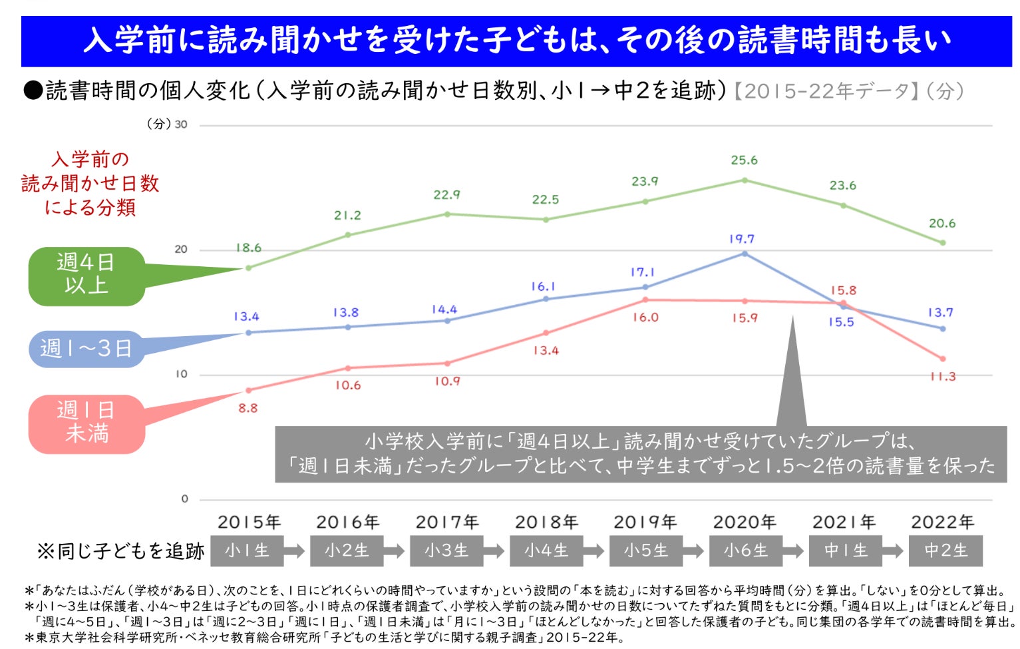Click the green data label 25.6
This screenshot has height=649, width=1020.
[x=744, y=160]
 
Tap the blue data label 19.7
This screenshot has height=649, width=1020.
[x=741, y=239]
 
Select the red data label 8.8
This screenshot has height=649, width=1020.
[x=248, y=408]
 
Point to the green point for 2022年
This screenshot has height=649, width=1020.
[x=942, y=243]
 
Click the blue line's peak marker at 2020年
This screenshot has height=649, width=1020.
[x=745, y=254]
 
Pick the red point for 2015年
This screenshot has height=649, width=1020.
[x=248, y=390]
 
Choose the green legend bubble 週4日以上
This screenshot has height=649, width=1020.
[x=86, y=276]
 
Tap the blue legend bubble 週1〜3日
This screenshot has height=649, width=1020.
[x=86, y=349]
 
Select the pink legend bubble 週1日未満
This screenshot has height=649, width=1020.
[x=86, y=423]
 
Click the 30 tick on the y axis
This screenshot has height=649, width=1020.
[x=181, y=124]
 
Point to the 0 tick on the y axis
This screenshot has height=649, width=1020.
[x=184, y=499]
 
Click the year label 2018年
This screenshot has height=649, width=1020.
[x=546, y=523]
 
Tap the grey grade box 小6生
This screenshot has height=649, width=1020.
[x=745, y=551]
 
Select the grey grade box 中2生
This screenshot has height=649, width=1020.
[x=945, y=551]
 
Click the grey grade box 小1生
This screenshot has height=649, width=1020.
[x=247, y=551]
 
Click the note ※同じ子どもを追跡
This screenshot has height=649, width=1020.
[x=120, y=551]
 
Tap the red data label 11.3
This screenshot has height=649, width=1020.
[x=943, y=377]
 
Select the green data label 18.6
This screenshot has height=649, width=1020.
[x=248, y=248]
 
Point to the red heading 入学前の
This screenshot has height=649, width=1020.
[x=90, y=160]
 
